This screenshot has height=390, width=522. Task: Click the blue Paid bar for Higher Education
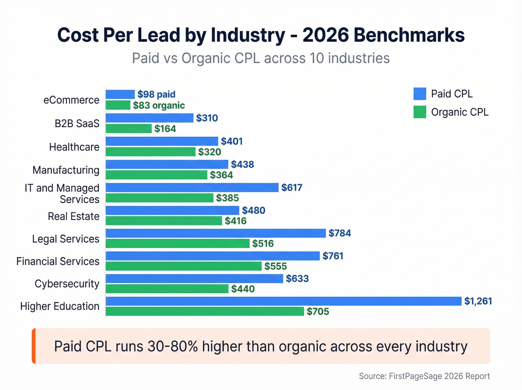point(283,301)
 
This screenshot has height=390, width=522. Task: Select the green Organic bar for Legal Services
point(177,244)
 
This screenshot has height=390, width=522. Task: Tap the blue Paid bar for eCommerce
point(120,94)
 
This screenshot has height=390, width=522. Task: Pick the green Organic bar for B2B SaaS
point(129,129)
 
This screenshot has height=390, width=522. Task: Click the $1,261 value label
point(478,301)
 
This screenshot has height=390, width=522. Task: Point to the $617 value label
point(292,187)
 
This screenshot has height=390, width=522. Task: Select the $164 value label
point(165,129)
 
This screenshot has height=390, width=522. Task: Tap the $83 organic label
point(159,105)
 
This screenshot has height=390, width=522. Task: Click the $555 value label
point(276,266)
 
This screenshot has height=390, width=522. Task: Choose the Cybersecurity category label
point(67,284)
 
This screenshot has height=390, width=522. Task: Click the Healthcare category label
point(74,147)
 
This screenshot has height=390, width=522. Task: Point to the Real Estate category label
point(73,216)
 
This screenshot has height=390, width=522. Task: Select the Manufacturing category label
point(66,170)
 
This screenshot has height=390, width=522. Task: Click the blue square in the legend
point(419,94)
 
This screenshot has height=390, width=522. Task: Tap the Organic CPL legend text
point(459,112)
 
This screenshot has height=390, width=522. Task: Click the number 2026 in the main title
point(326,35)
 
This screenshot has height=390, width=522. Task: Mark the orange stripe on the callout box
point(34,346)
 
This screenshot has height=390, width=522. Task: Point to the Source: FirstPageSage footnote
point(424,376)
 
